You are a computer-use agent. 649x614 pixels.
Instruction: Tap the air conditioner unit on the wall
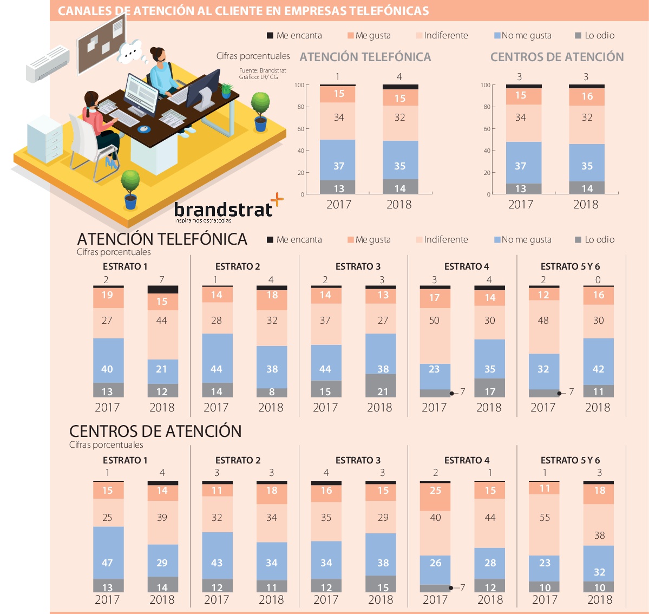coord(48,63)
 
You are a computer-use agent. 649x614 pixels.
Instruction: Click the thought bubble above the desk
coord(130,51)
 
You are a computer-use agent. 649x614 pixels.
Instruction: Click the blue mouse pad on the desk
coord(143,129)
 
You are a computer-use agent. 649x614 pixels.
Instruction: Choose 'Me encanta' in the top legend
coord(294,36)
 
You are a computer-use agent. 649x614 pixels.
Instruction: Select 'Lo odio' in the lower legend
coord(595,239)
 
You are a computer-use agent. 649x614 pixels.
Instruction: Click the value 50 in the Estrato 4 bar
coord(434,321)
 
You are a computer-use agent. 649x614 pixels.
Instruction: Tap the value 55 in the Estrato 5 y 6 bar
coord(545,518)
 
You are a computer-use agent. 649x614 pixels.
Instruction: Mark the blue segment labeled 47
coord(107,563)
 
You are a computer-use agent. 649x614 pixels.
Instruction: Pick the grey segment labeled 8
coord(271,392)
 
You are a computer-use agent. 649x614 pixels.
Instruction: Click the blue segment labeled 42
coord(598,369)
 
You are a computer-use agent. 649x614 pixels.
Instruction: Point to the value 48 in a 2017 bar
coord(543,321)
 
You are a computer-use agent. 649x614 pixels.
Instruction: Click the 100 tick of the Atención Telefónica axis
coord(299,85)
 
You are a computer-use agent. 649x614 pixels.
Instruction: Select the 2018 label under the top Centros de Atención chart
coord(586,205)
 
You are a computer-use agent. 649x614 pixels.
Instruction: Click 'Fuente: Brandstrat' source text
coord(263,70)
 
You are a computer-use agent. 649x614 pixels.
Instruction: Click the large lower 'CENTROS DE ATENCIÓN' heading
coord(155,431)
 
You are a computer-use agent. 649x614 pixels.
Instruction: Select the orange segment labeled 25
coord(435,491)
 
